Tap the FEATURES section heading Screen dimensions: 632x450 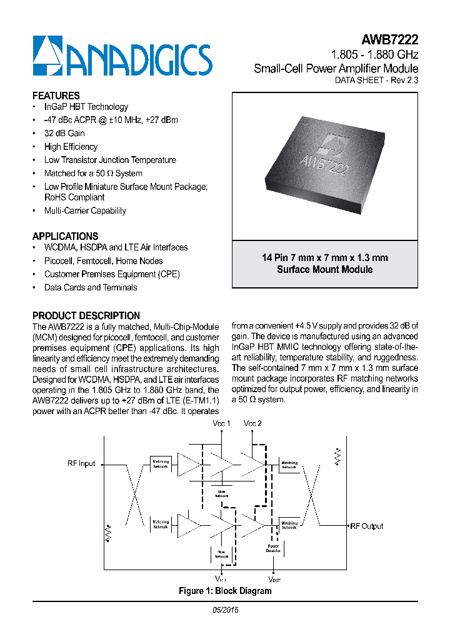click(x=56, y=96)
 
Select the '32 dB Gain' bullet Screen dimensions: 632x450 click(x=64, y=133)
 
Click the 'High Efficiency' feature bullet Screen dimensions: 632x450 click(x=71, y=147)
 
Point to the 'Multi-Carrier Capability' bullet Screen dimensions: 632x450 click(x=85, y=211)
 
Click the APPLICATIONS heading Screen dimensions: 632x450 click(x=65, y=237)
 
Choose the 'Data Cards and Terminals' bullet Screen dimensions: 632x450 click(x=91, y=287)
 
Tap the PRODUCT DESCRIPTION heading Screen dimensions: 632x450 click(x=86, y=315)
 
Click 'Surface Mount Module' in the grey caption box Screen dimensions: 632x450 click(x=324, y=270)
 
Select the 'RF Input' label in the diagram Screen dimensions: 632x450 click(x=81, y=463)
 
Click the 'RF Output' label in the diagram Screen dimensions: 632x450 click(x=367, y=526)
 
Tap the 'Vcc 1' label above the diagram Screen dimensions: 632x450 click(x=221, y=423)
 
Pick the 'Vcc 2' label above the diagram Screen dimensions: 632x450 click(x=253, y=423)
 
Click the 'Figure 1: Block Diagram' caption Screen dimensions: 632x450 click(x=225, y=591)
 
